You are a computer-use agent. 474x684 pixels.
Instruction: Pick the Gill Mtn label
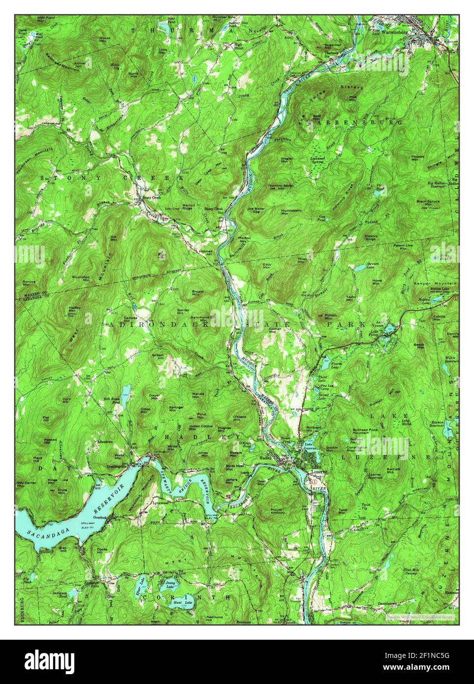(x=114, y=238)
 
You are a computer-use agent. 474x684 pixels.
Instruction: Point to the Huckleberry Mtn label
(x=291, y=213)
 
